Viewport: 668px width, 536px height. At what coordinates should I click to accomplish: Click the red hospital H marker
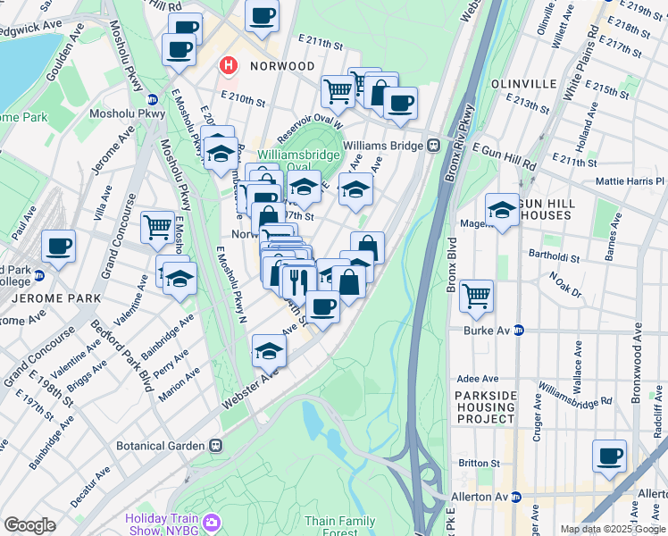(x=230, y=66)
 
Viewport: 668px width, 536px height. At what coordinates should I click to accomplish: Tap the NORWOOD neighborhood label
(x=282, y=67)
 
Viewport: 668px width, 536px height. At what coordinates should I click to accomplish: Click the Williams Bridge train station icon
(x=433, y=145)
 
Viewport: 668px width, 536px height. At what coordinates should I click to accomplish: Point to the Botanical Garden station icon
(x=215, y=444)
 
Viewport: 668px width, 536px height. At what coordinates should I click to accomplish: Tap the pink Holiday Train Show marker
(x=212, y=521)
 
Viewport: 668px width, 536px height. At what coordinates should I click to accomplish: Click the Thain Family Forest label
(x=340, y=526)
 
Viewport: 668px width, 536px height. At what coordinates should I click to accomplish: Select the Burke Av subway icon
(x=520, y=330)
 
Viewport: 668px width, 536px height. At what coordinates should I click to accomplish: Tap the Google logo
(x=29, y=525)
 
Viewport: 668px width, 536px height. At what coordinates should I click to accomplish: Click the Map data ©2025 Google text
(x=612, y=529)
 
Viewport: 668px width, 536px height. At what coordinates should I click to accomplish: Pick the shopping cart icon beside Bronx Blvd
(x=477, y=294)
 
